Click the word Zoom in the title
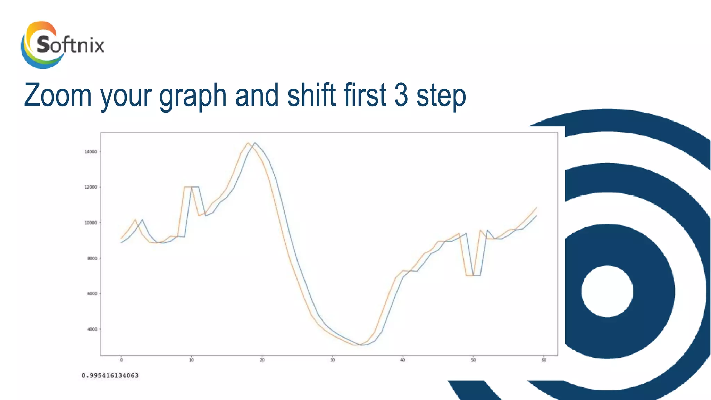(x=58, y=95)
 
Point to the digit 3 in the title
(x=401, y=95)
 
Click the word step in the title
(x=441, y=97)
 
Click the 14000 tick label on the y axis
(x=91, y=152)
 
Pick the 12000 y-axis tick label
(x=91, y=187)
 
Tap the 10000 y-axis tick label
(x=91, y=223)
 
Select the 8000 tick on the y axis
(x=92, y=258)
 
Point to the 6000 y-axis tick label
(x=92, y=294)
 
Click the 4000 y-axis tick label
(x=92, y=329)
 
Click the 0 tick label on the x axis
(x=121, y=360)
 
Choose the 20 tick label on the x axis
(x=262, y=360)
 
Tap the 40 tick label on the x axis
(x=403, y=360)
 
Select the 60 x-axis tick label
(x=544, y=360)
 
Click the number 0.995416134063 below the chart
(x=110, y=375)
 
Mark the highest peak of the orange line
(x=248, y=143)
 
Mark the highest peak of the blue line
(x=255, y=143)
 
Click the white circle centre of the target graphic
(x=607, y=291)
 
